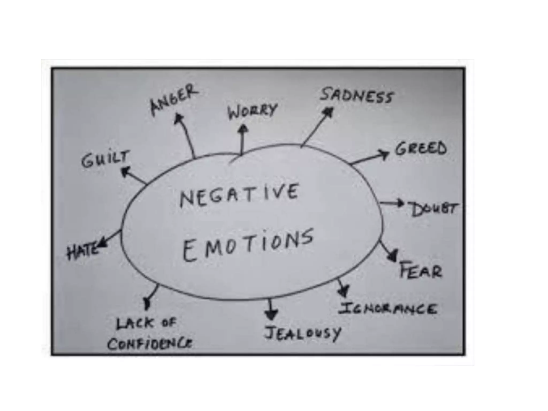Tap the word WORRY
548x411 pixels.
tap(252, 111)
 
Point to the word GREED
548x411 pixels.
tap(421, 149)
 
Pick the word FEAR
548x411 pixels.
tap(420, 270)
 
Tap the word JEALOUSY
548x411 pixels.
tap(302, 333)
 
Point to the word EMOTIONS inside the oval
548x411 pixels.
tap(248, 245)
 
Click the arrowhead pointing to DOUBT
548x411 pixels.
tap(401, 203)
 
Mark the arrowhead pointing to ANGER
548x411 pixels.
tap(178, 118)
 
